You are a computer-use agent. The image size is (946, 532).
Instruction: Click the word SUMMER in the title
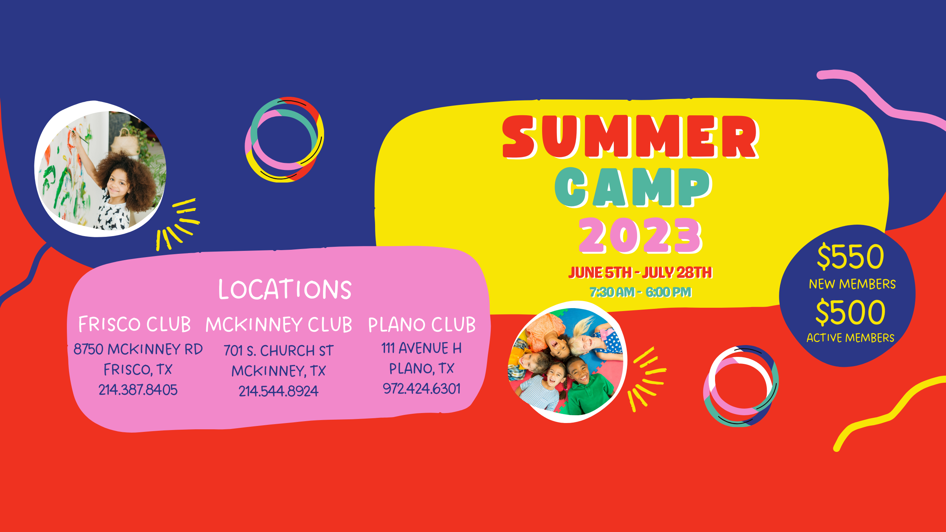[x=630, y=137]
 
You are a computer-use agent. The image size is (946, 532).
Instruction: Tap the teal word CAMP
[x=633, y=187]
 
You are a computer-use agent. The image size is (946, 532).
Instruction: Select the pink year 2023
[x=640, y=235]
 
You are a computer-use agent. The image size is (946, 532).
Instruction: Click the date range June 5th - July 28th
[x=640, y=272]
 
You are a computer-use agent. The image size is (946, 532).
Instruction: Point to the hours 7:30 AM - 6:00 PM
[x=640, y=292]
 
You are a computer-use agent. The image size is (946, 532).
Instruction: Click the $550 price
[x=850, y=256]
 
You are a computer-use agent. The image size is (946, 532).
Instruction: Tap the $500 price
[x=850, y=313]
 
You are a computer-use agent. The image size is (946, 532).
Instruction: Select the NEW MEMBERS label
[x=852, y=284]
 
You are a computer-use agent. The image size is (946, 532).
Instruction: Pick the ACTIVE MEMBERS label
[x=850, y=338]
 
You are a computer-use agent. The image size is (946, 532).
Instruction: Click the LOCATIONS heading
[x=285, y=289]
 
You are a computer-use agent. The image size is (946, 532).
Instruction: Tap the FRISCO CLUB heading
[x=135, y=324]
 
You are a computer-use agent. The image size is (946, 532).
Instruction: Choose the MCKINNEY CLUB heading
[x=279, y=325]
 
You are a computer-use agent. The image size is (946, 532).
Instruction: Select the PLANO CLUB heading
[x=422, y=325]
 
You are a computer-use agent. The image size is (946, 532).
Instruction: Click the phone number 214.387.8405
[x=138, y=390]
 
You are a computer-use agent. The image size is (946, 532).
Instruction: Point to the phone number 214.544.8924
[x=278, y=391]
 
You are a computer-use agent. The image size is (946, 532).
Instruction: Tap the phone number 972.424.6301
[x=422, y=388]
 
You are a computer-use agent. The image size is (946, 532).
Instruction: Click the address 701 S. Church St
[x=278, y=350]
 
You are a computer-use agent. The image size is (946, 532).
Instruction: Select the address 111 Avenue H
[x=421, y=348]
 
